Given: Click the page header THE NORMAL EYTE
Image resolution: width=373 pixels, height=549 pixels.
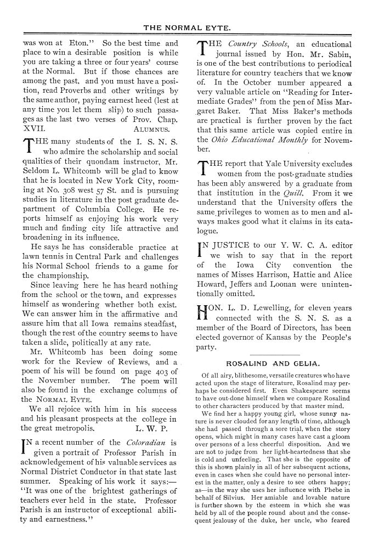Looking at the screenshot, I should (x=187, y=26).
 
